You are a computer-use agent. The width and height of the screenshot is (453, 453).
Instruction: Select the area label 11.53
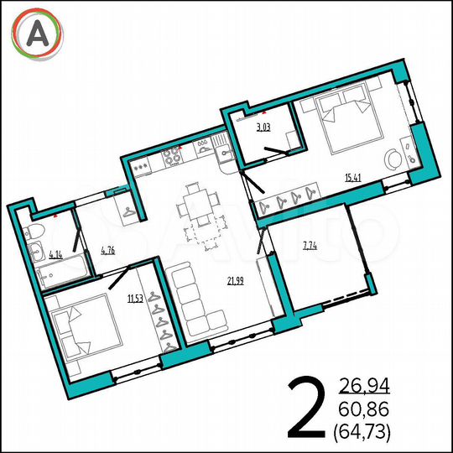click(134, 297)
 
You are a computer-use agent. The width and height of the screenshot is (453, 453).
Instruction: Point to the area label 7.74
click(310, 245)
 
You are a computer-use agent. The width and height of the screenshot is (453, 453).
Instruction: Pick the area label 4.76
click(107, 249)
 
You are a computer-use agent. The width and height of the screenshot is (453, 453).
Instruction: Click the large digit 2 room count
click(309, 408)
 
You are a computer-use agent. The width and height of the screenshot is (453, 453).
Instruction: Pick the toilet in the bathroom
click(36, 232)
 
